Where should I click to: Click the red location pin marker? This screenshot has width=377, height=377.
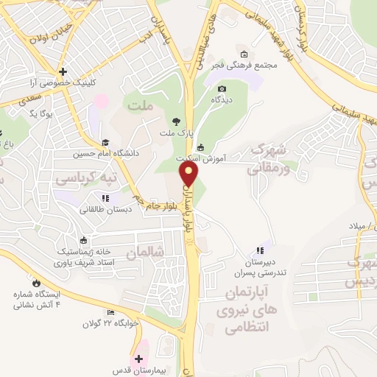point(190,175)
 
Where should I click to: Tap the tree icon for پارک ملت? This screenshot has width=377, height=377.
point(175,121)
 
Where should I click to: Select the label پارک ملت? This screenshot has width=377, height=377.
point(175,133)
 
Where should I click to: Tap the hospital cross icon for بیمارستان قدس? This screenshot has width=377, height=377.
point(138,359)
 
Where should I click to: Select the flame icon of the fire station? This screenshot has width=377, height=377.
point(35,281)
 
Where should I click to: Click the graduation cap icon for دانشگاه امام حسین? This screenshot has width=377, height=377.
point(105,143)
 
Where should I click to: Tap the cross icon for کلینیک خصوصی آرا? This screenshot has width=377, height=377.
point(63,72)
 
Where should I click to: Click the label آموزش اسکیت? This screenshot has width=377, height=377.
point(230,158)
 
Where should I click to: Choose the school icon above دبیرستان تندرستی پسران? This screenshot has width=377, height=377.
point(258,250)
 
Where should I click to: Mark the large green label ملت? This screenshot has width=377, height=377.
point(142,107)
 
